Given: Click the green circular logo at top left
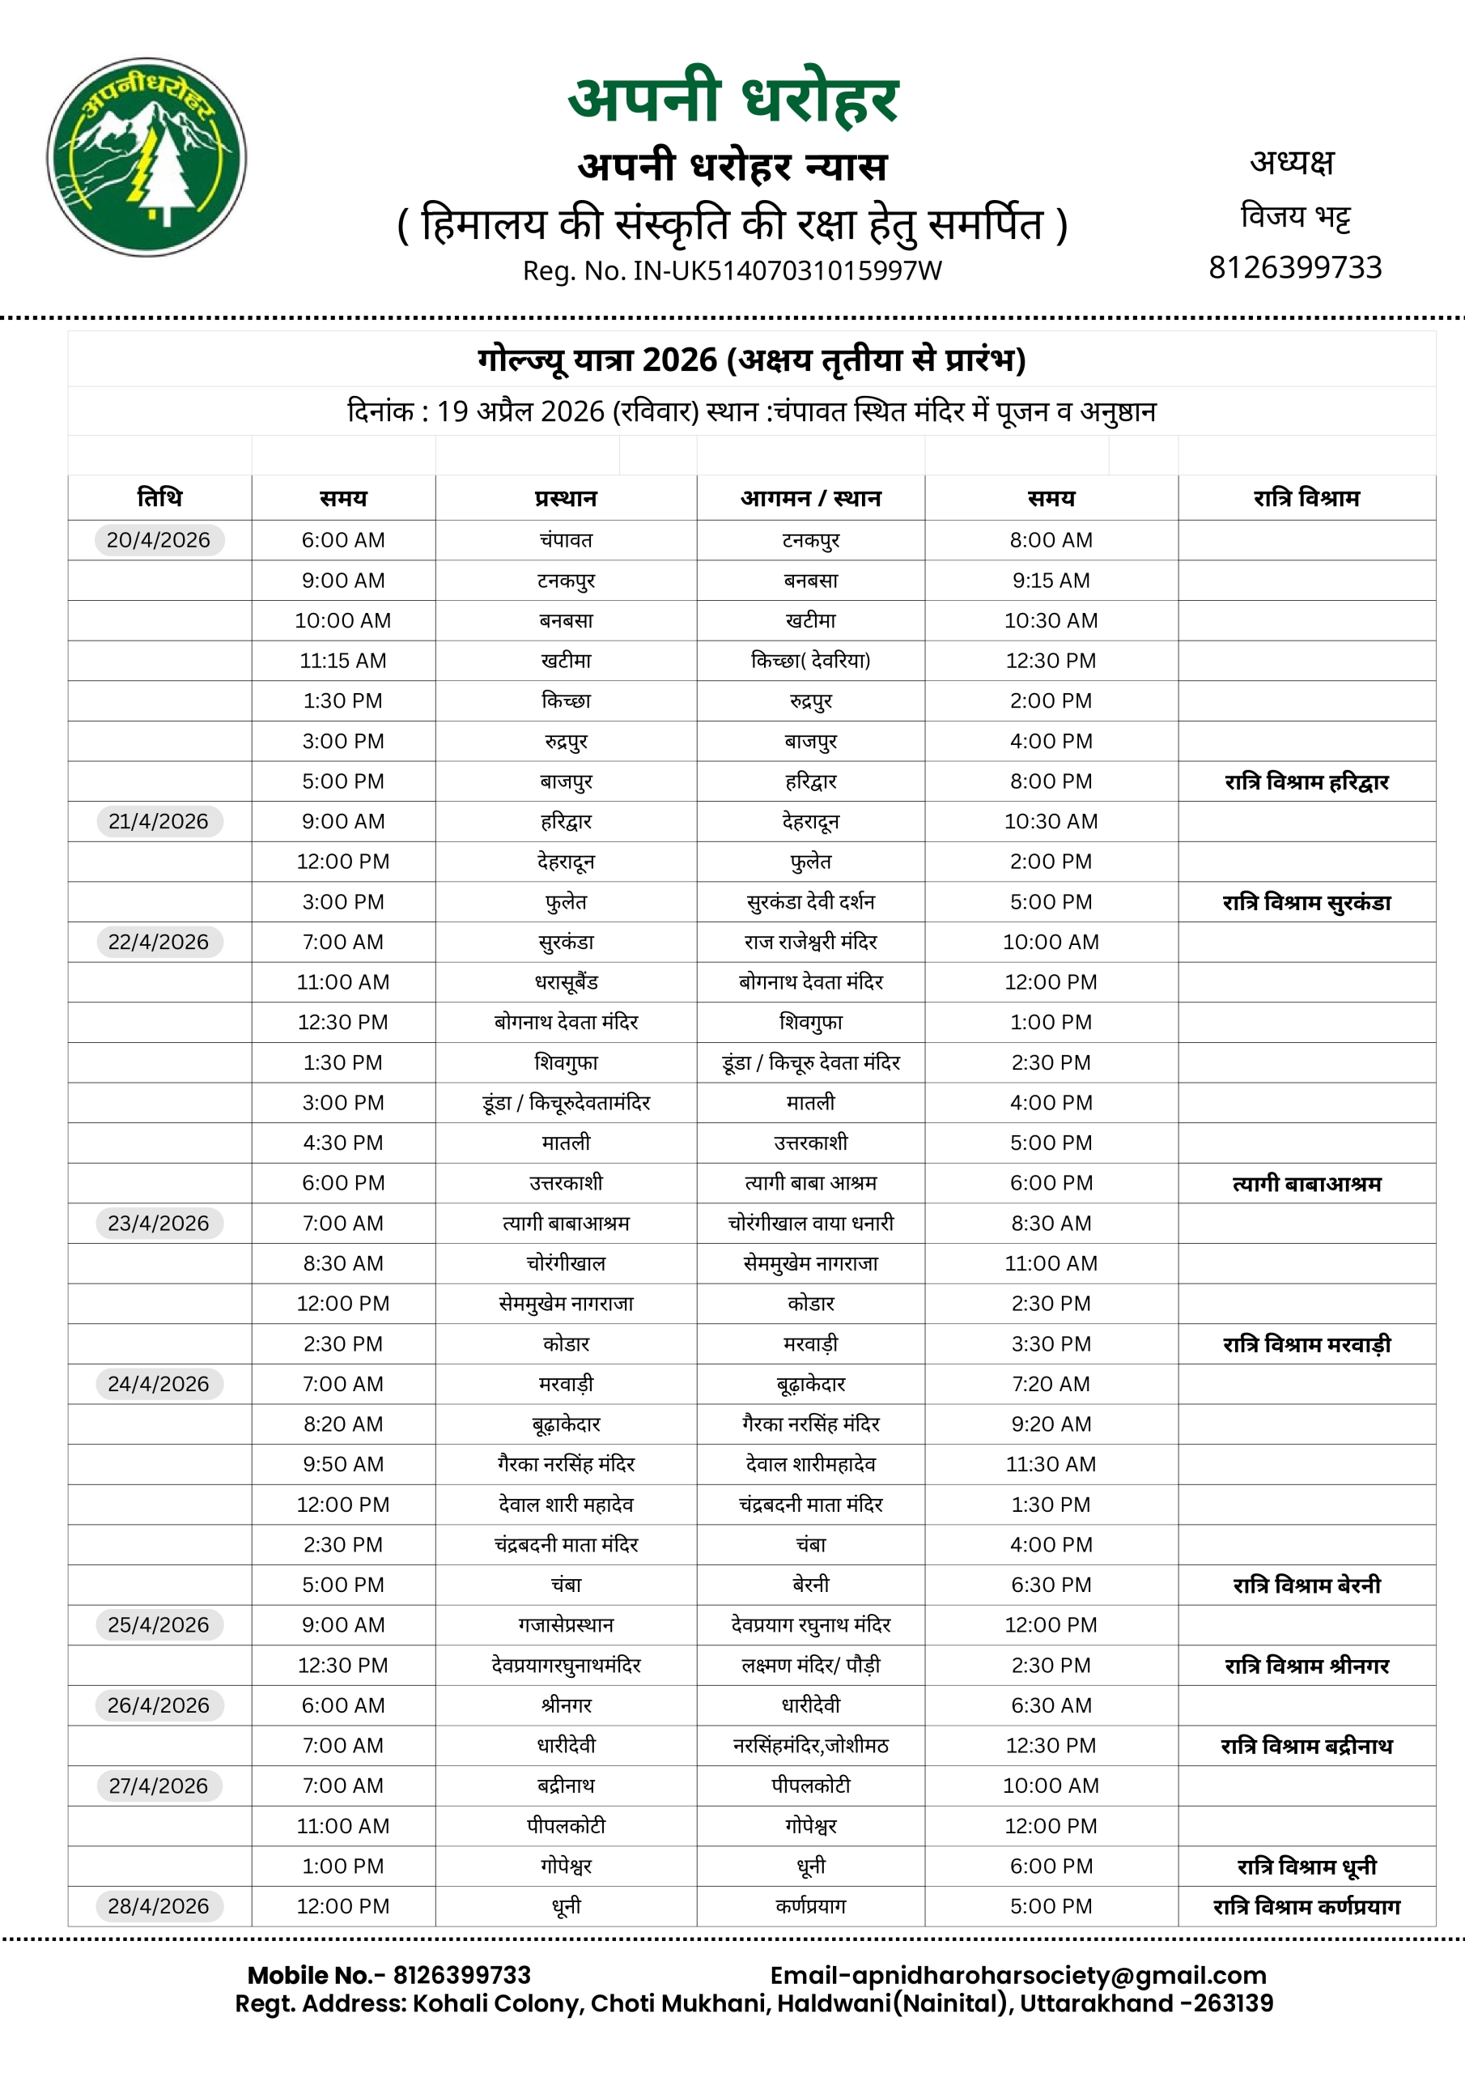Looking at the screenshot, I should coord(146,157).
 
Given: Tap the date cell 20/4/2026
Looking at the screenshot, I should coord(159,540).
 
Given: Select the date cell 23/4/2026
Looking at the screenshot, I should coord(159,1224).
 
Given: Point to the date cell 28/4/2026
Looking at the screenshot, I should coord(159,1906).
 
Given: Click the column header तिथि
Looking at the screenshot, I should coord(159,497).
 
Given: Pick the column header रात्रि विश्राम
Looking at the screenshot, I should coord(1306,497).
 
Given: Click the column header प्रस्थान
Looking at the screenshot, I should coord(566,497).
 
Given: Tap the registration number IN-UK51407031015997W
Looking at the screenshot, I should coord(787,270).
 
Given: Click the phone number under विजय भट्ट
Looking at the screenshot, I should coord(1295,267).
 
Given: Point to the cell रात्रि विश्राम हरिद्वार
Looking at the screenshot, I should coord(1306,782).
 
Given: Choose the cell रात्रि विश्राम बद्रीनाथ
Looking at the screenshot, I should coord(1306,1746).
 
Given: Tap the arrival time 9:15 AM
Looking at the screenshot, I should coord(1051,581).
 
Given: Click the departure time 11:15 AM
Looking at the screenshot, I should coord(343,661).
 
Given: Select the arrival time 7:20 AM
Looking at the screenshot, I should coord(1051,1384).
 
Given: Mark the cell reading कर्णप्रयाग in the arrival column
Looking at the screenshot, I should coord(810,1906).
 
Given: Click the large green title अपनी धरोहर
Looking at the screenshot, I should coord(733,97).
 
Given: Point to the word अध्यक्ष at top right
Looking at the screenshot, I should coord(1292,163).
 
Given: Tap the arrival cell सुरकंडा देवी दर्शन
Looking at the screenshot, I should coord(810,902).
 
